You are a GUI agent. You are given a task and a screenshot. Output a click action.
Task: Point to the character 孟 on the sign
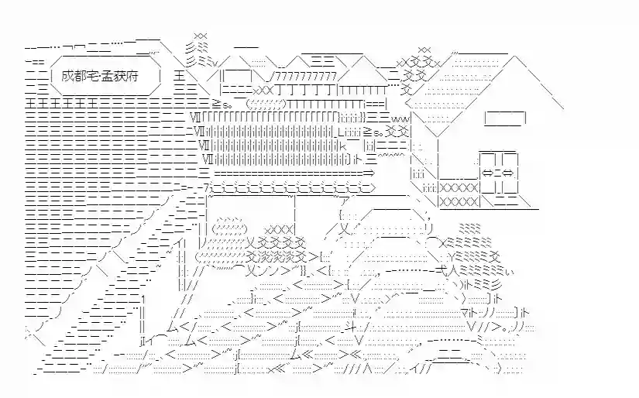[108, 77]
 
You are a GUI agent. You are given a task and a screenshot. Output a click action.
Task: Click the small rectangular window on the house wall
[505, 118]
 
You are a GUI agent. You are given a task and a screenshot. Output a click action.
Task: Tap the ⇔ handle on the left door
[487, 172]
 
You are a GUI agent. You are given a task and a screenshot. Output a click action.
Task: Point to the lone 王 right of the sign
[180, 77]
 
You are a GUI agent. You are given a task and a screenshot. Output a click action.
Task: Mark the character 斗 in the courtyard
[354, 335]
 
